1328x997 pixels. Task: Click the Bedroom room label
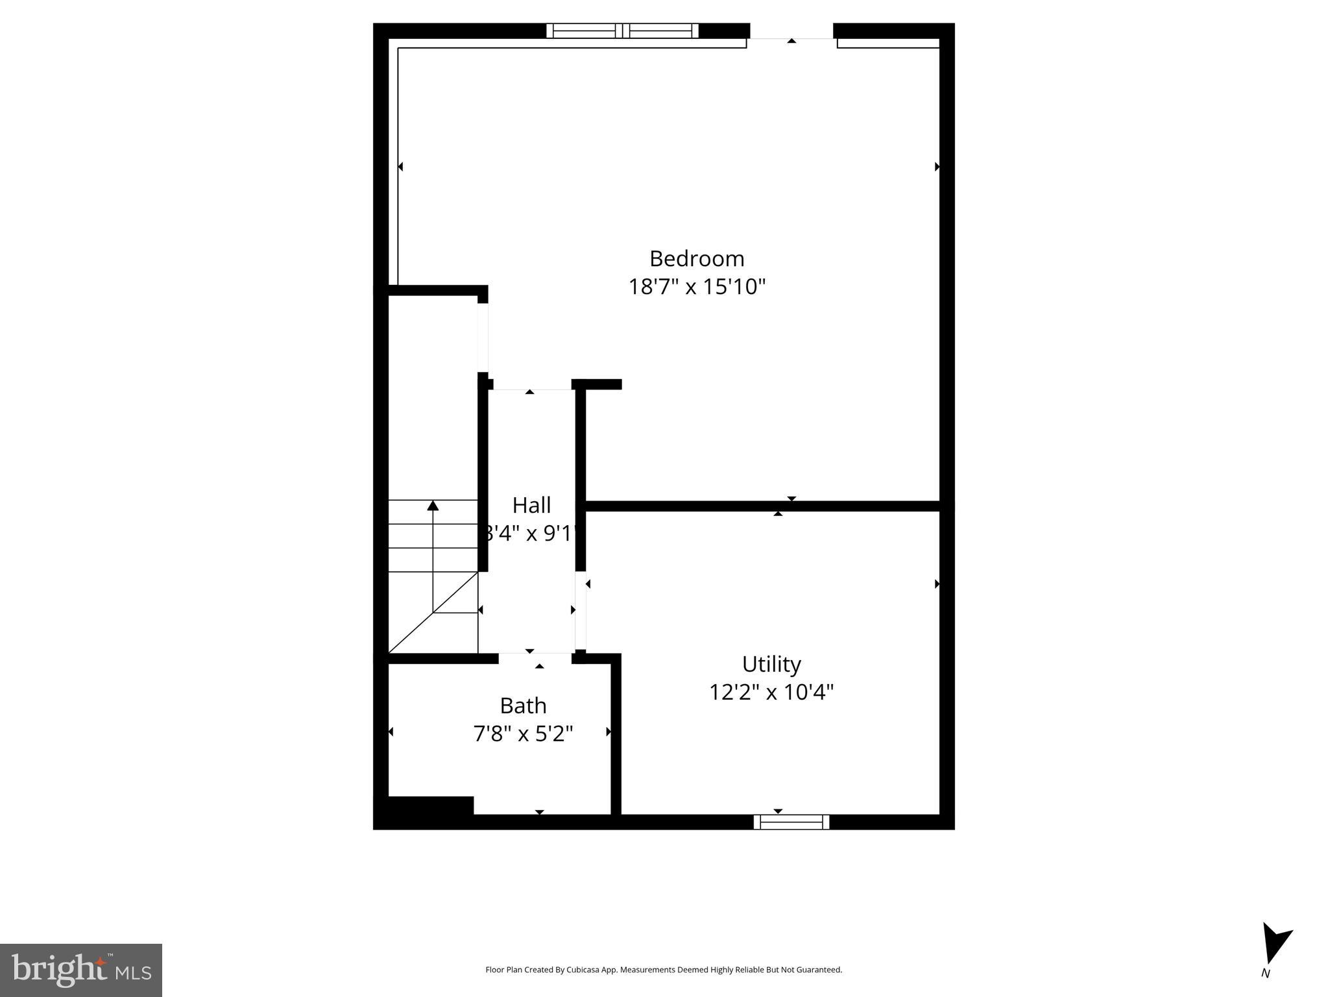click(x=696, y=258)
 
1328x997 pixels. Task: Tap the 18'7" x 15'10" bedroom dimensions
click(x=697, y=286)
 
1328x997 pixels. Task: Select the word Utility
click(x=771, y=664)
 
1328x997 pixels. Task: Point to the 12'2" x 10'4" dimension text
click(x=771, y=692)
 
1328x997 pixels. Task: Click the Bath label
click(x=523, y=706)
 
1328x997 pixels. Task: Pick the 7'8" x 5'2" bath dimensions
click(x=523, y=733)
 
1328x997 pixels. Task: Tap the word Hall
click(x=531, y=505)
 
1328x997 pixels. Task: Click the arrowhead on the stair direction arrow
click(x=433, y=506)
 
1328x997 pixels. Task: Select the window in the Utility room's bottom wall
click(x=791, y=822)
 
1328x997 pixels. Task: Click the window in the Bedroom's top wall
click(x=622, y=31)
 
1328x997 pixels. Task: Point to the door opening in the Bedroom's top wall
click(x=791, y=32)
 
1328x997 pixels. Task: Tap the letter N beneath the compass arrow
click(x=1265, y=974)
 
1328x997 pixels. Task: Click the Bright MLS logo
click(x=81, y=970)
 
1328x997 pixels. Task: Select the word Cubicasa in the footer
click(x=583, y=970)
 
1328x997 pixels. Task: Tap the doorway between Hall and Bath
click(x=535, y=658)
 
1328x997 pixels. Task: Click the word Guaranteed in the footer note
click(x=819, y=970)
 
